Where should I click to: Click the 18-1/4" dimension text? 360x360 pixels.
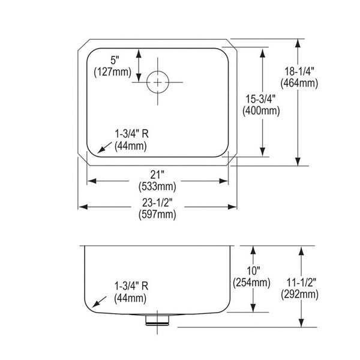tap(299, 71)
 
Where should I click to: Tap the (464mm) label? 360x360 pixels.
tap(299, 83)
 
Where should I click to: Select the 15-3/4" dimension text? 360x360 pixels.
tap(260, 99)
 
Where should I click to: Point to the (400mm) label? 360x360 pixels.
tap(261, 111)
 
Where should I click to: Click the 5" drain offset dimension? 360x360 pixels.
tap(115, 61)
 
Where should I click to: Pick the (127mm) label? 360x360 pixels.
tap(113, 72)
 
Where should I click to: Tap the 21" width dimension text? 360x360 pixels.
tap(157, 175)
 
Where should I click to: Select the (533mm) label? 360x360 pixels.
tap(157, 187)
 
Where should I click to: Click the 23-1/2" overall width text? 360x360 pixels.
tap(157, 203)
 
